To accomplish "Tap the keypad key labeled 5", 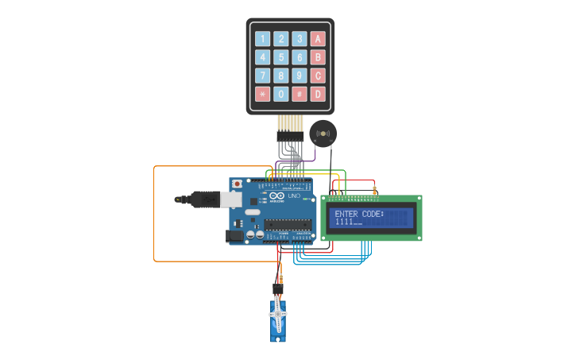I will pyautogui.click(x=280, y=57).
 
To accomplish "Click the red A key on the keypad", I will pyautogui.click(x=318, y=38).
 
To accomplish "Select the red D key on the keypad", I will pyautogui.click(x=318, y=95).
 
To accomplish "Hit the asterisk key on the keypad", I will pyautogui.click(x=261, y=95).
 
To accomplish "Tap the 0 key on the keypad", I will pyautogui.click(x=280, y=95).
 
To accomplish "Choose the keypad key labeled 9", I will pyautogui.click(x=300, y=75).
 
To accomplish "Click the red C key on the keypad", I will pyautogui.click(x=318, y=75).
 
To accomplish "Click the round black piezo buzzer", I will pyautogui.click(x=323, y=134).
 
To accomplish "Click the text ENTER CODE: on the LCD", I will pyautogui.click(x=359, y=214).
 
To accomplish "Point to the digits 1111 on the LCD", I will pyautogui.click(x=344, y=222).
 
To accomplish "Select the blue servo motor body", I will pyautogui.click(x=277, y=322).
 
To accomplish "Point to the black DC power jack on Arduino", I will pyautogui.click(x=234, y=236).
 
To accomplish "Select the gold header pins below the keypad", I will pyautogui.click(x=290, y=123).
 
